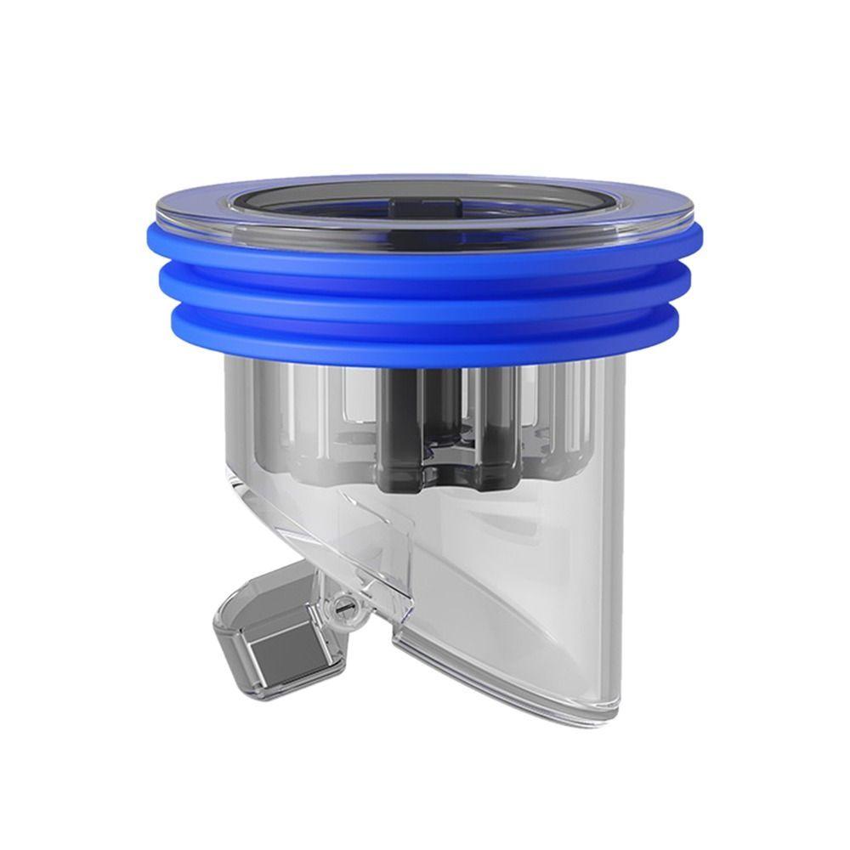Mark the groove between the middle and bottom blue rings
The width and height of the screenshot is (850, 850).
[x=425, y=310]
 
